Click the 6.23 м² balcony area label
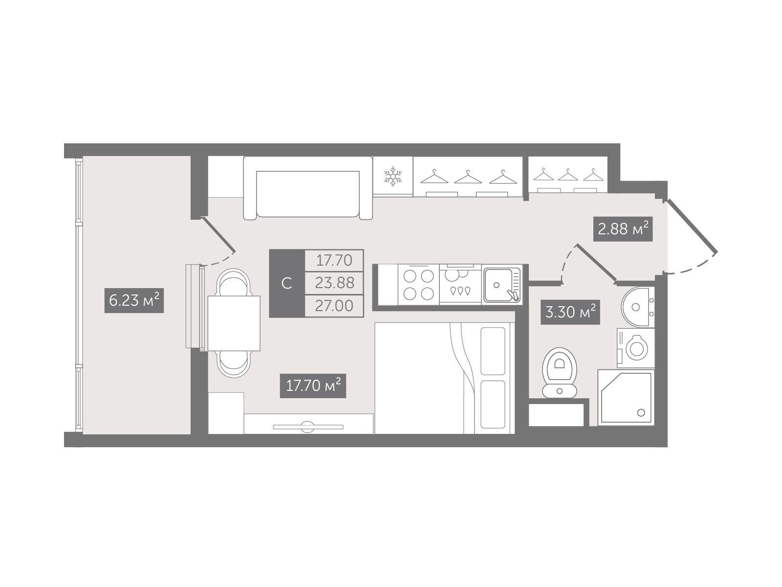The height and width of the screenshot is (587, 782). (x=134, y=300)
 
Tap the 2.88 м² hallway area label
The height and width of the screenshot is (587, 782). (x=623, y=229)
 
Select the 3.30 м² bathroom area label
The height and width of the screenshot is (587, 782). (x=570, y=312)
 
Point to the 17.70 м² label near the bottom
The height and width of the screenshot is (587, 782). (x=313, y=385)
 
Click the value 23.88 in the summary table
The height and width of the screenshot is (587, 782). (x=334, y=283)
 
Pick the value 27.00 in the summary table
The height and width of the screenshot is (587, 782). (x=334, y=306)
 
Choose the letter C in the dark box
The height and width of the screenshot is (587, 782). (x=287, y=284)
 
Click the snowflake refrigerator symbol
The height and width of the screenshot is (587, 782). (x=392, y=176)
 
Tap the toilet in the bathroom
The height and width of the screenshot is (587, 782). (x=559, y=372)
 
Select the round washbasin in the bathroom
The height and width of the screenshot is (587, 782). (x=638, y=307)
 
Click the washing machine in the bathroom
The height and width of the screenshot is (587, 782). (x=636, y=348)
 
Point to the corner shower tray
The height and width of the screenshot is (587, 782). (x=626, y=397)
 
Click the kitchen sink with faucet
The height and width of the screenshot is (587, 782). (x=502, y=285)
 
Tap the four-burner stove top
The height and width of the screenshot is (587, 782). (x=418, y=285)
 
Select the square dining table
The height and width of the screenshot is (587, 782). (x=234, y=323)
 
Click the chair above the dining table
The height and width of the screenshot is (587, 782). (x=233, y=282)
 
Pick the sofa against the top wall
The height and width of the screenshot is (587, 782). (x=308, y=188)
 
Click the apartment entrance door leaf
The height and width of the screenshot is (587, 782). (x=692, y=225)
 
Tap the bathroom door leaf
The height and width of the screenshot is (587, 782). (x=596, y=263)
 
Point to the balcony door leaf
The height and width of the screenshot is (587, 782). (x=218, y=234)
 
